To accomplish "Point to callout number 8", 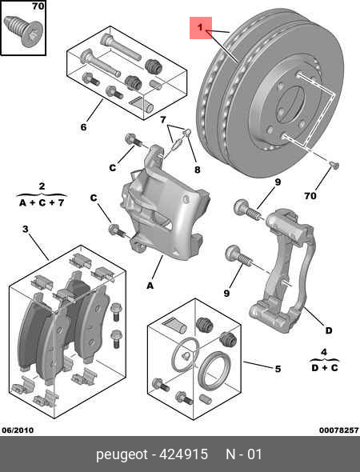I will (x=197, y=170).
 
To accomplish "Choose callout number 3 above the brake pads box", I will (x=26, y=230).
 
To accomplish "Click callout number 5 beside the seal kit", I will (x=278, y=369).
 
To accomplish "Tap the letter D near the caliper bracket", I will (x=328, y=330).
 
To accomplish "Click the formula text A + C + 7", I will (x=42, y=203).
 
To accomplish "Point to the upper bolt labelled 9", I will (x=247, y=210).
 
